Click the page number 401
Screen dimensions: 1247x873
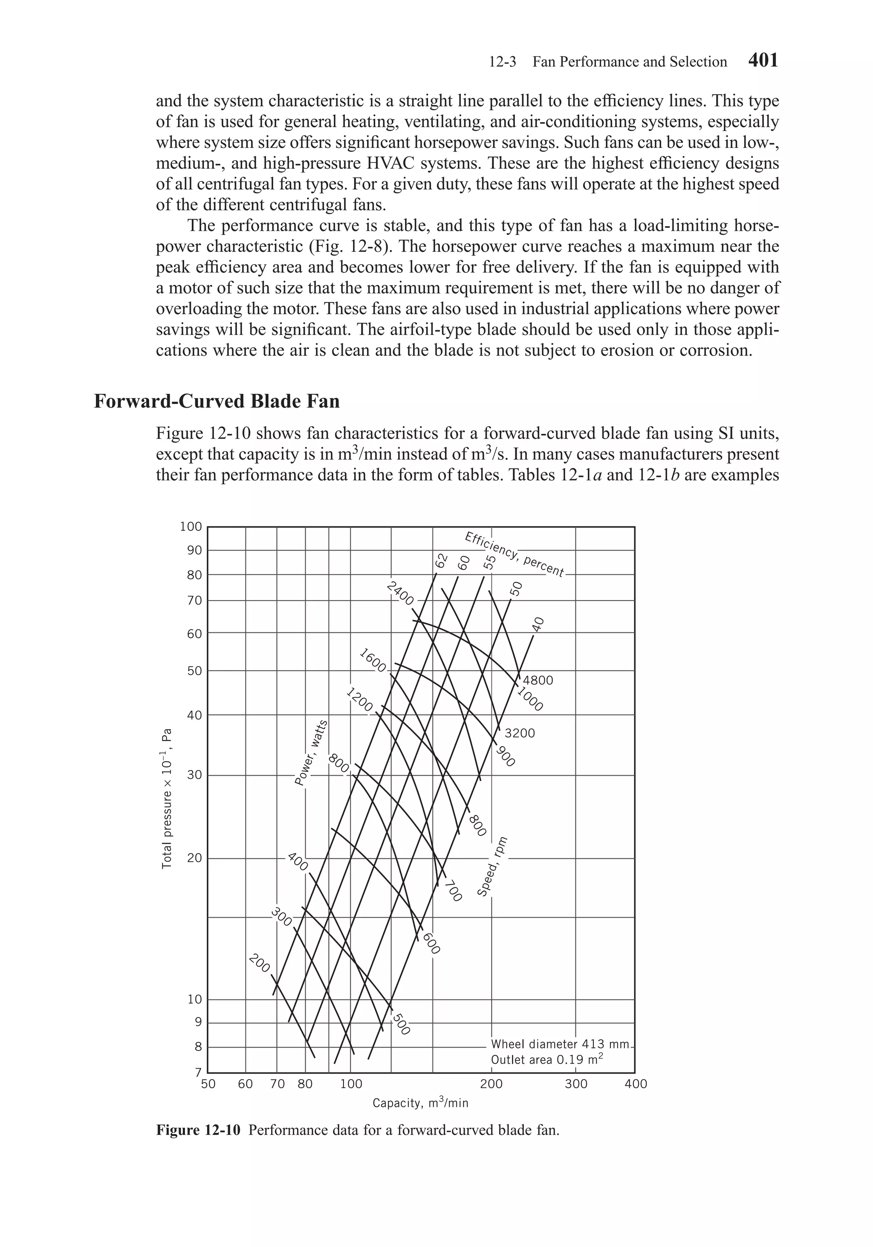click(x=763, y=60)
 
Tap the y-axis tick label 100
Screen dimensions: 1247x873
click(x=191, y=526)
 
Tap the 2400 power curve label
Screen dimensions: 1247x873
click(x=400, y=593)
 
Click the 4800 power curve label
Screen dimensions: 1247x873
click(x=538, y=681)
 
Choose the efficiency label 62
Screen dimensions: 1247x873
click(x=441, y=560)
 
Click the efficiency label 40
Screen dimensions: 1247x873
click(x=537, y=625)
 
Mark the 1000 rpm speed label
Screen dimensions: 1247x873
click(x=530, y=699)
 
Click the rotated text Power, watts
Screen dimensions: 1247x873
click(x=311, y=752)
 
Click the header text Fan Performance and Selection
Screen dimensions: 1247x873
click(x=629, y=62)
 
